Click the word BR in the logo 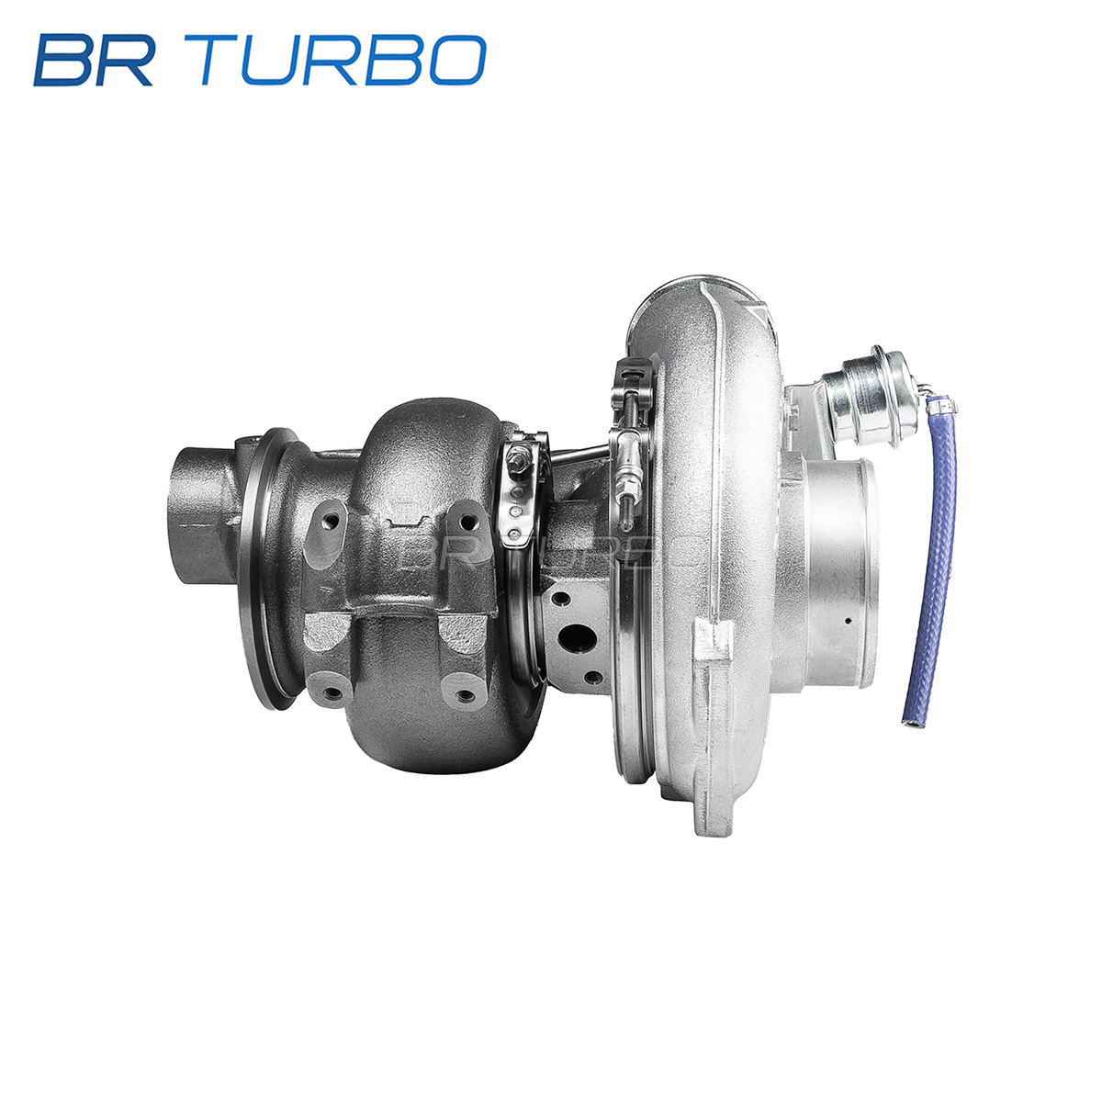tap(94, 60)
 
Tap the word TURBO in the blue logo tap(343, 60)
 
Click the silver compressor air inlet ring tap(839, 572)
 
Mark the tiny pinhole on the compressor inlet tap(849, 621)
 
